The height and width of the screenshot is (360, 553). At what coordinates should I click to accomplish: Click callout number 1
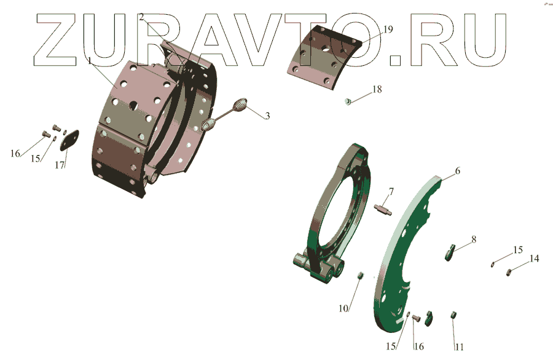[x=90, y=61]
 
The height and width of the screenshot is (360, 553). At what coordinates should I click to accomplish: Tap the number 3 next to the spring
[x=268, y=115]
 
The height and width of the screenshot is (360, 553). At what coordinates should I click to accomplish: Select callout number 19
[x=388, y=29]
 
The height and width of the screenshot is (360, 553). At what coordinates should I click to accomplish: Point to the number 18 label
[x=377, y=89]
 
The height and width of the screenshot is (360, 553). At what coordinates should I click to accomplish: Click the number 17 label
[x=60, y=165]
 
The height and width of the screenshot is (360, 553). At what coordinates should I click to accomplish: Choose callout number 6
[x=457, y=171]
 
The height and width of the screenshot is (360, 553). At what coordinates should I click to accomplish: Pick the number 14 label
[x=535, y=259]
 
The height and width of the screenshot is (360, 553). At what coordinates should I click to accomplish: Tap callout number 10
[x=343, y=308]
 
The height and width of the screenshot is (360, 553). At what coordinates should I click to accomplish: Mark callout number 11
[x=459, y=347]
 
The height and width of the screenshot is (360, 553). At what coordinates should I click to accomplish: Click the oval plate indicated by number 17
[x=69, y=140]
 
